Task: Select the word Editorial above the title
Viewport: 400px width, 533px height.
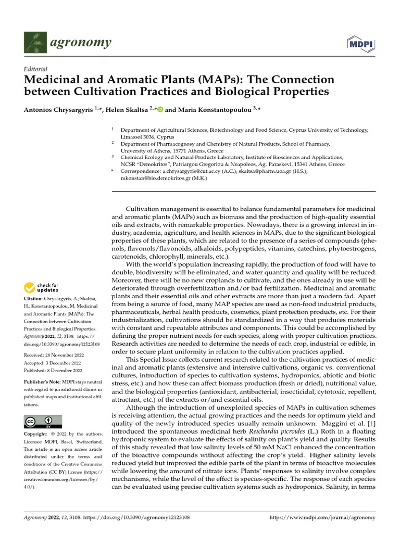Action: tap(35, 69)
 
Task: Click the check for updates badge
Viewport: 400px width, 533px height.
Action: tap(41, 287)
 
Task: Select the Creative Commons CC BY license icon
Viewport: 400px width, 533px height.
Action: tap(43, 422)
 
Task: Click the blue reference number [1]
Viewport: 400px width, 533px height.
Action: tap(371, 424)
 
